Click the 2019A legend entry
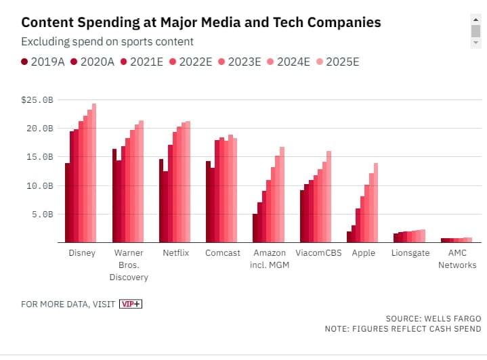[x=43, y=62]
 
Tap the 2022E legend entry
[x=191, y=62]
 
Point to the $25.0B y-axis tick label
[x=37, y=100]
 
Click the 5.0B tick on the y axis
[x=43, y=214]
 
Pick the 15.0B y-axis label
[x=40, y=157]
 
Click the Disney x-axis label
[x=82, y=253]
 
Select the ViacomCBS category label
[x=318, y=253]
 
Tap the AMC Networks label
[x=457, y=258]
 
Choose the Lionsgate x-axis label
[x=410, y=253]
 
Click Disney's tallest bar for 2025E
[x=94, y=173]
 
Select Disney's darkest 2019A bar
[x=68, y=202]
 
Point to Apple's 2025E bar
[x=376, y=202]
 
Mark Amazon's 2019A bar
[x=255, y=228]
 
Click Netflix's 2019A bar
[x=161, y=201]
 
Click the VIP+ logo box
[x=131, y=304]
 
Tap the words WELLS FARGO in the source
[x=452, y=319]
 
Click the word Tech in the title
[x=288, y=22]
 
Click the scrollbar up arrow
[x=475, y=20]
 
